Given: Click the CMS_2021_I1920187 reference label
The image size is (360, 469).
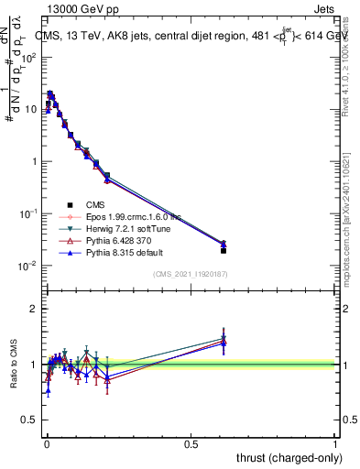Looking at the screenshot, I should point(190,274).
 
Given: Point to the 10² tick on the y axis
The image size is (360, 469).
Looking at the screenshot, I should point(28,57).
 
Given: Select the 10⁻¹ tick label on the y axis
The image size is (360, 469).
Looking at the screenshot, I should point(27,213).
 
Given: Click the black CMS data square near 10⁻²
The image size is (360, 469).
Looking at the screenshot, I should point(224,250).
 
